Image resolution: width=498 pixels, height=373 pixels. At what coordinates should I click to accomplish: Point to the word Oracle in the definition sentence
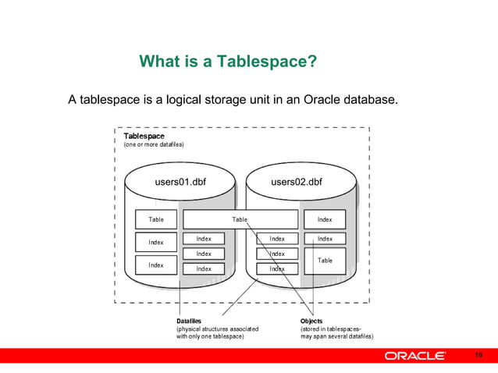[316, 100]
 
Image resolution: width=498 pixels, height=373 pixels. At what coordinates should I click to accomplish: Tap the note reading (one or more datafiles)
[154, 145]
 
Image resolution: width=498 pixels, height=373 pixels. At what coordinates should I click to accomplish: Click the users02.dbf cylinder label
[296, 183]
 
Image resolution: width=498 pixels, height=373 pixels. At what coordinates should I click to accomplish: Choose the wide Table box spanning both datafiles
[240, 219]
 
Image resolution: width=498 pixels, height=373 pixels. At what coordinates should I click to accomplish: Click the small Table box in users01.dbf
[156, 219]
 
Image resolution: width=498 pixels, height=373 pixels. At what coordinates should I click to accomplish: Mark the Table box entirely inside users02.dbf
[325, 260]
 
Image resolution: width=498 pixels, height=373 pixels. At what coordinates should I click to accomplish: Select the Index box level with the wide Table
[325, 219]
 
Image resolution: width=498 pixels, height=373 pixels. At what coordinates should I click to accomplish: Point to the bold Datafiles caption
[189, 321]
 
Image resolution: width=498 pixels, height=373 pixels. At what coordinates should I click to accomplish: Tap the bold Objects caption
[311, 321]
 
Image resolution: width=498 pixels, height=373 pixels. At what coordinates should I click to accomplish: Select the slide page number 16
[479, 357]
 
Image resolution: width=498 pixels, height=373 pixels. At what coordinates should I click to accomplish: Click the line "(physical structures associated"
[216, 329]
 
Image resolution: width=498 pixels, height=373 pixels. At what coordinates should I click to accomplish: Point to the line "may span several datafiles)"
[337, 336]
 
